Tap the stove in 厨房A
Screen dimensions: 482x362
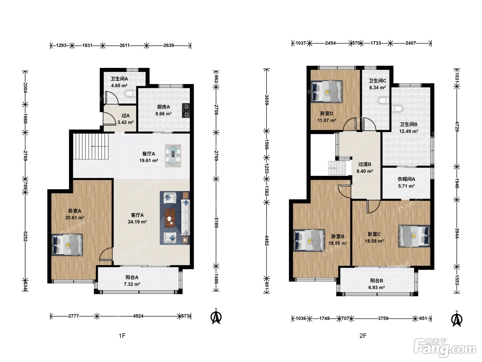click(x=186, y=110)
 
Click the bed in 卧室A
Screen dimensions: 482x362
click(x=67, y=245)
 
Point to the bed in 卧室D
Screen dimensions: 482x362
click(x=326, y=91)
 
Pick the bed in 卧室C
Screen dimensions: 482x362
click(x=414, y=236)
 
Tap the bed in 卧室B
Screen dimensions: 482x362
click(x=309, y=240)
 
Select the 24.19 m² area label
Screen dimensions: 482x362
click(x=137, y=222)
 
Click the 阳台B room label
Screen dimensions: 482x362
click(x=377, y=281)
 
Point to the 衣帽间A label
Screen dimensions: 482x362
click(x=406, y=179)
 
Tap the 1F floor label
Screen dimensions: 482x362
click(x=122, y=335)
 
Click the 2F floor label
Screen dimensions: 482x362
click(x=363, y=335)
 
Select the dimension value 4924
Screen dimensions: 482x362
click(x=138, y=316)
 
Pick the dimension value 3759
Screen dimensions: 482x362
click(x=383, y=318)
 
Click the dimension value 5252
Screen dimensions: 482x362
click(x=25, y=236)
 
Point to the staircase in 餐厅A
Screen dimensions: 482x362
click(x=91, y=146)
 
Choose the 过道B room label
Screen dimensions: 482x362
click(x=365, y=164)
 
